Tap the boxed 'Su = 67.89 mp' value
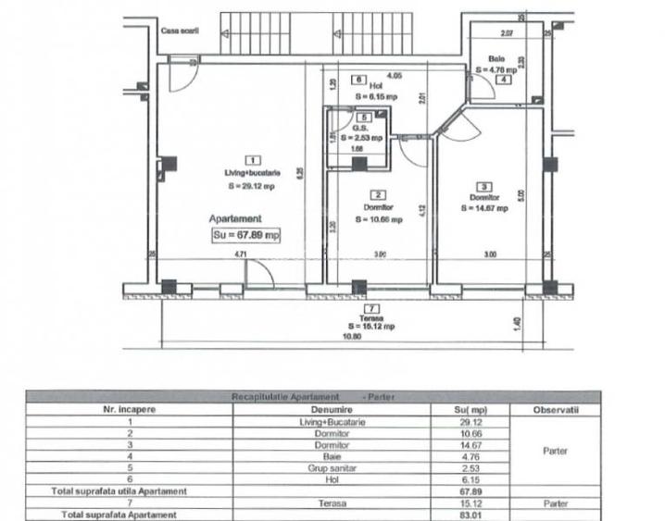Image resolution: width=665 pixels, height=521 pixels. tap(246, 235)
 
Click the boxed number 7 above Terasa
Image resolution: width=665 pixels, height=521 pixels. tap(371, 308)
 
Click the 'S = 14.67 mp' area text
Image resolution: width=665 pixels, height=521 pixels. tap(484, 208)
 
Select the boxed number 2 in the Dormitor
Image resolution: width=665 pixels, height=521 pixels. tap(378, 194)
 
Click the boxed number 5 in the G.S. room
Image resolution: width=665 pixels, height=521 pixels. tap(364, 118)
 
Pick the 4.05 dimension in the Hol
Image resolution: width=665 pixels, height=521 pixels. tap(394, 75)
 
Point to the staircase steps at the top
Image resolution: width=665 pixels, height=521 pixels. tap(260, 33)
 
